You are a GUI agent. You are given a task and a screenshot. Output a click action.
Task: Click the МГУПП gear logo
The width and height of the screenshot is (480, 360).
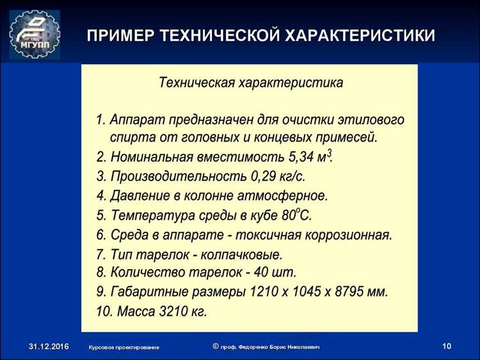click(35, 34)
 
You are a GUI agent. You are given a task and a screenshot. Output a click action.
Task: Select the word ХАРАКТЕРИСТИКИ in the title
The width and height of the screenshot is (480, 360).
click(360, 35)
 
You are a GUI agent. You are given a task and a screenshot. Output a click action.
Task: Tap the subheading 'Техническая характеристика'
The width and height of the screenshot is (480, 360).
click(251, 83)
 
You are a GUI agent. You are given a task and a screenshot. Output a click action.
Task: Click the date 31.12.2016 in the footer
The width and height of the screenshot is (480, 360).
click(48, 347)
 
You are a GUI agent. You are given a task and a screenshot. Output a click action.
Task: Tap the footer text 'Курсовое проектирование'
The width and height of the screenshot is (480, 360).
click(124, 347)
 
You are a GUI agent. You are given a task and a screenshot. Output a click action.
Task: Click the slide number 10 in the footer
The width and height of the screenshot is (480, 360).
click(446, 347)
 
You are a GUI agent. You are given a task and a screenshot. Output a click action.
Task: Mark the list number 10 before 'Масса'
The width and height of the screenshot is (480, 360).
click(104, 312)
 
